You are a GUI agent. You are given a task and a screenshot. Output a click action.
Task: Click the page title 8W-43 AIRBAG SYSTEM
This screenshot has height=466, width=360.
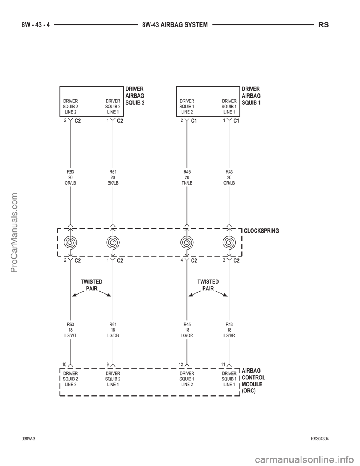pos(175,25)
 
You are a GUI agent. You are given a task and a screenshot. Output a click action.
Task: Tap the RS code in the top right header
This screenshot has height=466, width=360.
pos(324,25)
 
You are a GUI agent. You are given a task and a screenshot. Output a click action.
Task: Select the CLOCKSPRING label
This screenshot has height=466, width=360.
pos(261,231)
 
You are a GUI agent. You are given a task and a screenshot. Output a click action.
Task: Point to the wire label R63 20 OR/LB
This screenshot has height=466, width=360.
pos(70,177)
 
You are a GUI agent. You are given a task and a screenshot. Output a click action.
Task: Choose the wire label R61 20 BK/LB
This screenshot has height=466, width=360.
pos(113,177)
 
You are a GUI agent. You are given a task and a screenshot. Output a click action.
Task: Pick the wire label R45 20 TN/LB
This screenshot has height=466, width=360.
pos(187,177)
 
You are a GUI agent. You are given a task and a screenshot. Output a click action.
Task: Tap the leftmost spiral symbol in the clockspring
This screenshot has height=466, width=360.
pos(70,242)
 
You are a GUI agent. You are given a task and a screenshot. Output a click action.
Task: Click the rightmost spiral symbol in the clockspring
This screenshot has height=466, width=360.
pos(229,242)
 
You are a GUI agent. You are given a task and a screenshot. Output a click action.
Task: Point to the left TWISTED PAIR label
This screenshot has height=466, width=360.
pos(91,285)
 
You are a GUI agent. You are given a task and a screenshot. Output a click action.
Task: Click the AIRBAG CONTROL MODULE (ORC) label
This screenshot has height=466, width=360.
pos(253,381)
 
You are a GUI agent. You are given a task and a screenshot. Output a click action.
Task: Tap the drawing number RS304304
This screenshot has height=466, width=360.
pos(320,439)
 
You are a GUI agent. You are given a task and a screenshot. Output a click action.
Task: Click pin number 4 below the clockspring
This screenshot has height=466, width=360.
pos(181,260)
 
